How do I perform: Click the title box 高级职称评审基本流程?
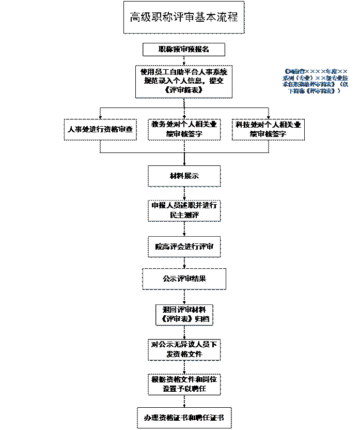[x=183, y=18]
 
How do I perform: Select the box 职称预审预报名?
[x=183, y=50]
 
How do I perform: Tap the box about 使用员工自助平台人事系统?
[x=183, y=81]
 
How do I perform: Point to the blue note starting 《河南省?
[x=315, y=81]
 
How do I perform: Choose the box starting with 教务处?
[x=184, y=129]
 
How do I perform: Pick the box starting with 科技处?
[x=268, y=129]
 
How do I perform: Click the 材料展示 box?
[x=184, y=176]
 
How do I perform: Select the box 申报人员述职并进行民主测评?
[x=184, y=210]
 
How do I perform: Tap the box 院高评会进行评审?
[x=184, y=247]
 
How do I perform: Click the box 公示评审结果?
[x=184, y=279]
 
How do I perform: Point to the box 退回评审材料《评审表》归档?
[x=184, y=314]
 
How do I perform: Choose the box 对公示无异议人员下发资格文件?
[x=184, y=349]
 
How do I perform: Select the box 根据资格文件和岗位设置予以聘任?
[x=184, y=384]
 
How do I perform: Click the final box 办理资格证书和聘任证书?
[x=184, y=418]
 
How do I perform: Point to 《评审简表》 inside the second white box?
[x=184, y=90]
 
